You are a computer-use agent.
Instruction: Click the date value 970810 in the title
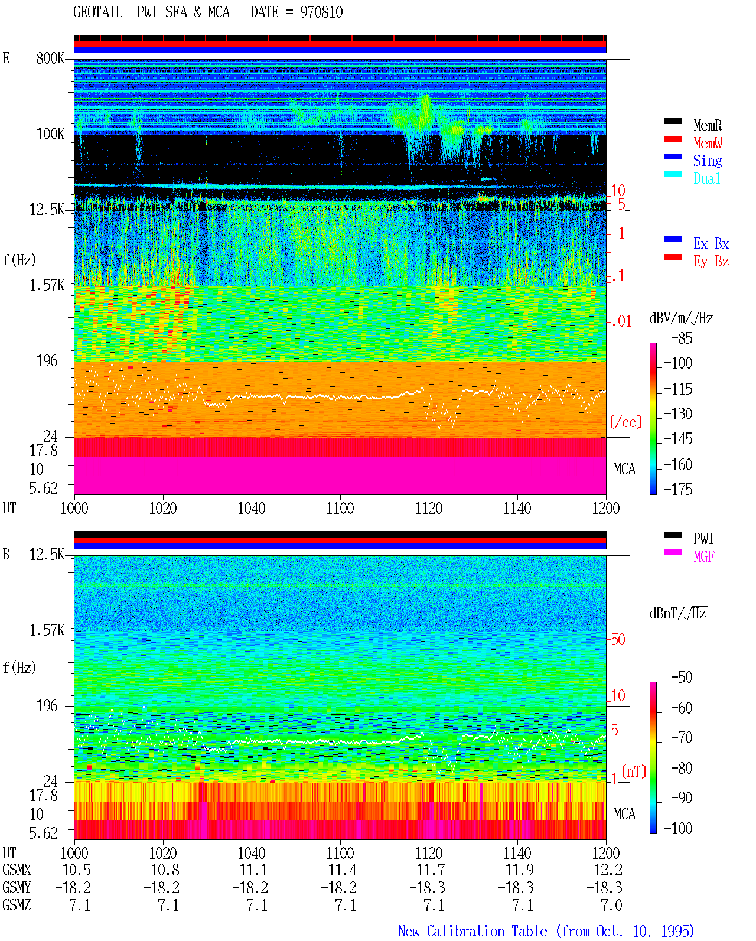(x=321, y=12)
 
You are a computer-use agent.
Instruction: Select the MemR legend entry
(x=707, y=125)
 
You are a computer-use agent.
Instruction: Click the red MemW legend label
(x=707, y=143)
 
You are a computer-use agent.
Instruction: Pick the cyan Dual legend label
(x=706, y=178)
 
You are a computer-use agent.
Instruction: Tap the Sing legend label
(x=707, y=161)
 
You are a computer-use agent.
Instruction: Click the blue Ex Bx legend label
(x=711, y=243)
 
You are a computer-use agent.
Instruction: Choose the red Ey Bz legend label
(x=711, y=262)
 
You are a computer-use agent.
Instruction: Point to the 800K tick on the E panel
(x=50, y=58)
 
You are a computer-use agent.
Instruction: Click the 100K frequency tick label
(x=50, y=134)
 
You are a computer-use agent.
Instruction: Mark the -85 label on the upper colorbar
(x=682, y=338)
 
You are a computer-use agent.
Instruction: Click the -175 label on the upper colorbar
(x=678, y=489)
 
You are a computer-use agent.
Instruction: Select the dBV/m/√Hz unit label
(x=681, y=318)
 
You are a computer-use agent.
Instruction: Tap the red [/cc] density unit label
(x=625, y=422)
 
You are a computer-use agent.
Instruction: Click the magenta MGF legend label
(x=703, y=556)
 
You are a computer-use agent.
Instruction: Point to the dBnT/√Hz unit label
(x=677, y=614)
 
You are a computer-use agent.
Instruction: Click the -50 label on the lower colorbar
(x=682, y=678)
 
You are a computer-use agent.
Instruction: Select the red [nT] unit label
(x=634, y=771)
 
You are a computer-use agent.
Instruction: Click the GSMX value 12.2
(x=608, y=870)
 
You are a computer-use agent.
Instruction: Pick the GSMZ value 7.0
(x=611, y=906)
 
